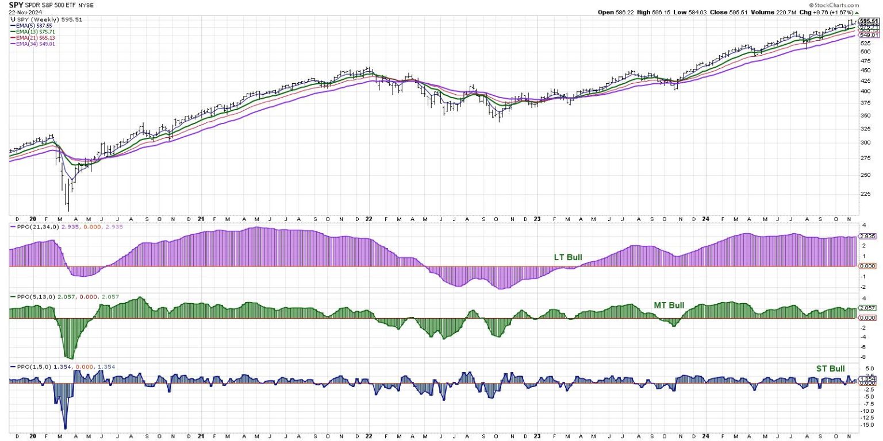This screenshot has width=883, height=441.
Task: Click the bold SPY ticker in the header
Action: coord(15,5)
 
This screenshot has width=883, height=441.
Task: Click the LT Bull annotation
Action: coord(568,257)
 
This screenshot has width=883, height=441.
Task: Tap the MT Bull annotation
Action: coord(669,305)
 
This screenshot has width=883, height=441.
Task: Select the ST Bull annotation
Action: coord(830,368)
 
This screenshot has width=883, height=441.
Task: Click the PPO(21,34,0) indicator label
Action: coord(51,227)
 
